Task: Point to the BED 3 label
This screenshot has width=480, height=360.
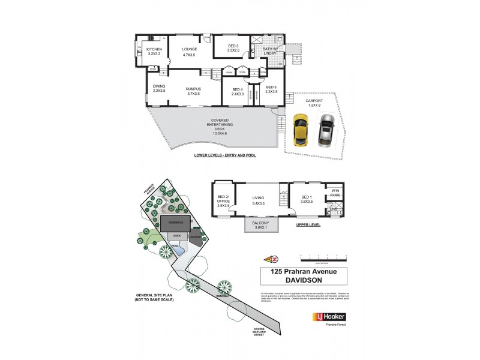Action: (233, 49)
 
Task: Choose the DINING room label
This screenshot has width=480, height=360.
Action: (158, 88)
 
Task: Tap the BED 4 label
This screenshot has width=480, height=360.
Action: (237, 91)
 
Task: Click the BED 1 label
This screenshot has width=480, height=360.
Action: (306, 199)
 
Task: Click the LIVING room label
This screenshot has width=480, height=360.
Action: (258, 199)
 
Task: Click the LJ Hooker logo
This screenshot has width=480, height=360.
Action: (328, 316)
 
